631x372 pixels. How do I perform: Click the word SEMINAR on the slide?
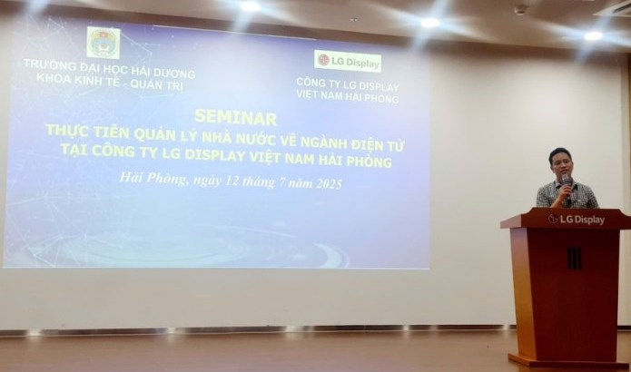pyautogui.click(x=235, y=117)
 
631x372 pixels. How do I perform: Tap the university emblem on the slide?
pyautogui.click(x=104, y=43)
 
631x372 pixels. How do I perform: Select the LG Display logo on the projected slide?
pyautogui.click(x=348, y=61)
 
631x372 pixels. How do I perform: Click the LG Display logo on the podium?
pyautogui.click(x=577, y=220)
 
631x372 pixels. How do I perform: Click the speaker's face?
pyautogui.click(x=560, y=166)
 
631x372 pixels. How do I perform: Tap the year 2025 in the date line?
pyautogui.click(x=329, y=184)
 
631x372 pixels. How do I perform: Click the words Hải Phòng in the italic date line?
pyautogui.click(x=153, y=178)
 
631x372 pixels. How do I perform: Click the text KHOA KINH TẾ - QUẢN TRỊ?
pyautogui.click(x=110, y=82)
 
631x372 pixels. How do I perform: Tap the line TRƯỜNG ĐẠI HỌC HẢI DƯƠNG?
pyautogui.click(x=110, y=69)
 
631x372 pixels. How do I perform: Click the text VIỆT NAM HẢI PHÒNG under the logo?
pyautogui.click(x=348, y=96)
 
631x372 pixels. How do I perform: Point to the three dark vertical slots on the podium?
pyautogui.click(x=575, y=259)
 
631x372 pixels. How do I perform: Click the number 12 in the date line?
pyautogui.click(x=232, y=181)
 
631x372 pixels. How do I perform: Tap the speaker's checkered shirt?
pyautogui.click(x=567, y=194)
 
